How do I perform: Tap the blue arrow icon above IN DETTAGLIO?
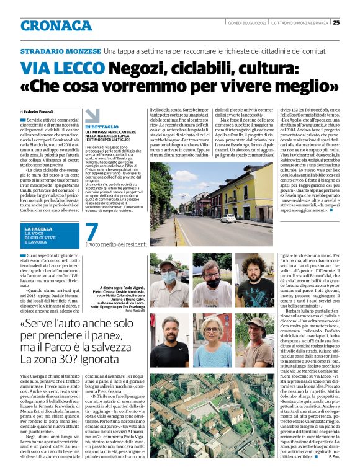point(92,115)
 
